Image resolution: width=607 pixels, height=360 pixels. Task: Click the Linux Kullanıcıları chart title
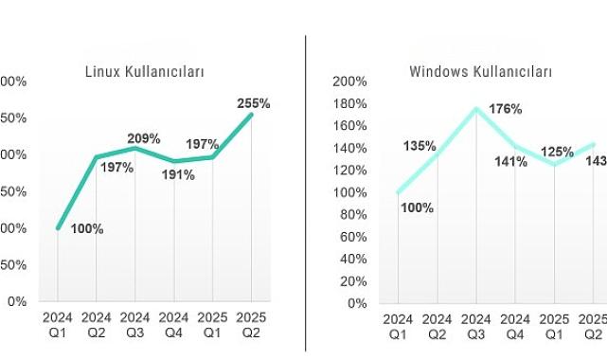point(145,72)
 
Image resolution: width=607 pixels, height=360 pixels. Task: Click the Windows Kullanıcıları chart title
point(481,72)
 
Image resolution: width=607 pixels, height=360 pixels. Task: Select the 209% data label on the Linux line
point(144,138)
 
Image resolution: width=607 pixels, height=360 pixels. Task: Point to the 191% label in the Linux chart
point(178,174)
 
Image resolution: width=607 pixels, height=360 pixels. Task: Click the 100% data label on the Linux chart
point(87,228)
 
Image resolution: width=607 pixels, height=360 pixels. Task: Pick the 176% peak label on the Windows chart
point(506,109)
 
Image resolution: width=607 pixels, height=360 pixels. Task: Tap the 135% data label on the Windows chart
point(420,146)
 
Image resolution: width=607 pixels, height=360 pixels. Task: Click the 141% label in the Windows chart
point(511,161)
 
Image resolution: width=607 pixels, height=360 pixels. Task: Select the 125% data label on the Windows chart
point(557,152)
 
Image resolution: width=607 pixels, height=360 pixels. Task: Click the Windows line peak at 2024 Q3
point(475,109)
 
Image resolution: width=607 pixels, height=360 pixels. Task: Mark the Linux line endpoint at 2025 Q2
point(251,115)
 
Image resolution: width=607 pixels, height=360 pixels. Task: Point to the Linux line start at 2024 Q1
point(58,228)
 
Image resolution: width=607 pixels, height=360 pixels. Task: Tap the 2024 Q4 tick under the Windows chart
point(515,328)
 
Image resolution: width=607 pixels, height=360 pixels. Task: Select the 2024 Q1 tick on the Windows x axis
point(398,328)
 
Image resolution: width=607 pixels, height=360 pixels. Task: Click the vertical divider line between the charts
point(306,189)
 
